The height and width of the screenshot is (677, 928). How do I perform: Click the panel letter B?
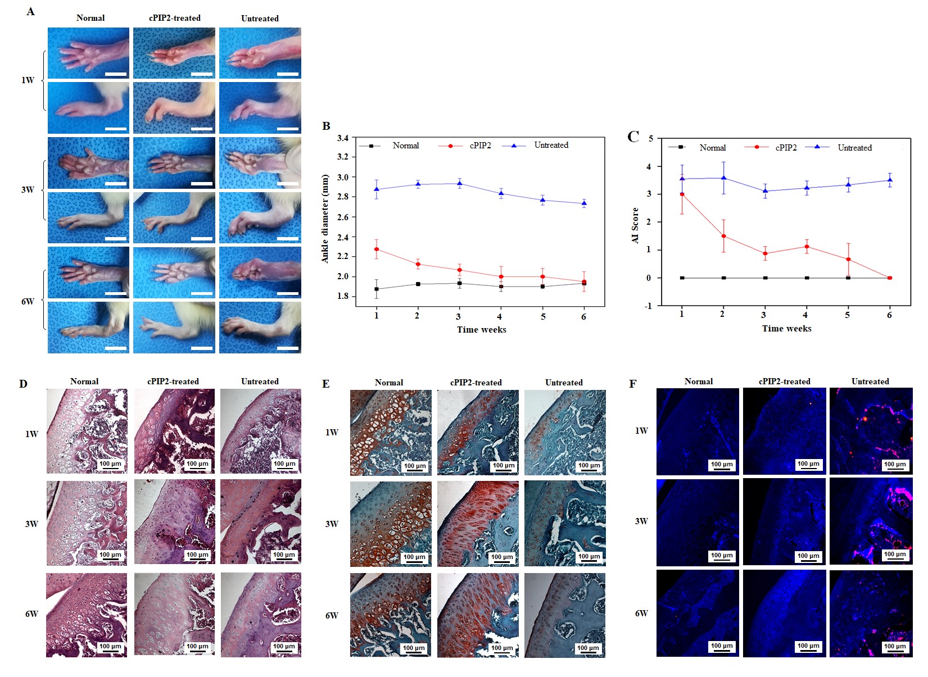[326, 126]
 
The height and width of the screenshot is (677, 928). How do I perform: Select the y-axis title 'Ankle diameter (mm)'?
[325, 219]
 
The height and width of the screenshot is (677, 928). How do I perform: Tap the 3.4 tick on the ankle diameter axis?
[342, 138]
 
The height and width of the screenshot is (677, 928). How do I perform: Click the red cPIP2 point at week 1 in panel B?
[377, 249]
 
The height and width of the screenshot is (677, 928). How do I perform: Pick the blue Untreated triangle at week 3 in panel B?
[459, 183]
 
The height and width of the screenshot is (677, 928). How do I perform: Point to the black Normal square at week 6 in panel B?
[584, 283]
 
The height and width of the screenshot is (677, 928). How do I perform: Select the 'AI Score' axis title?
[635, 225]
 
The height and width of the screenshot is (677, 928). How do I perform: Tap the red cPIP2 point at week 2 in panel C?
[723, 236]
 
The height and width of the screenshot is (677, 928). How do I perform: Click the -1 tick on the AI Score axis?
[649, 306]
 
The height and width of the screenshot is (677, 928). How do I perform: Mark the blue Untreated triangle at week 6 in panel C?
[890, 180]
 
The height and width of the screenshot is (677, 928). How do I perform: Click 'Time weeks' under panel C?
[786, 329]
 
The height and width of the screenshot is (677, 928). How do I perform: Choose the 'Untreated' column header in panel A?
[260, 19]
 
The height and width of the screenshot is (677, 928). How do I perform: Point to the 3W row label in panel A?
[28, 189]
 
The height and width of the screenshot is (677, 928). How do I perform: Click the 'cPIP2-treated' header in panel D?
[173, 381]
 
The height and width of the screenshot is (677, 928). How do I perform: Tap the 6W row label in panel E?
[332, 615]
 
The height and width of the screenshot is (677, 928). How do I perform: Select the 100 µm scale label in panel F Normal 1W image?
[722, 464]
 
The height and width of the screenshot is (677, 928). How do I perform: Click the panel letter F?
[632, 384]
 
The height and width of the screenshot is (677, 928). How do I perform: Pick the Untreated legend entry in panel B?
[551, 145]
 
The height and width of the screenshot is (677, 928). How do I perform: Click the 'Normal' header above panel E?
[389, 383]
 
